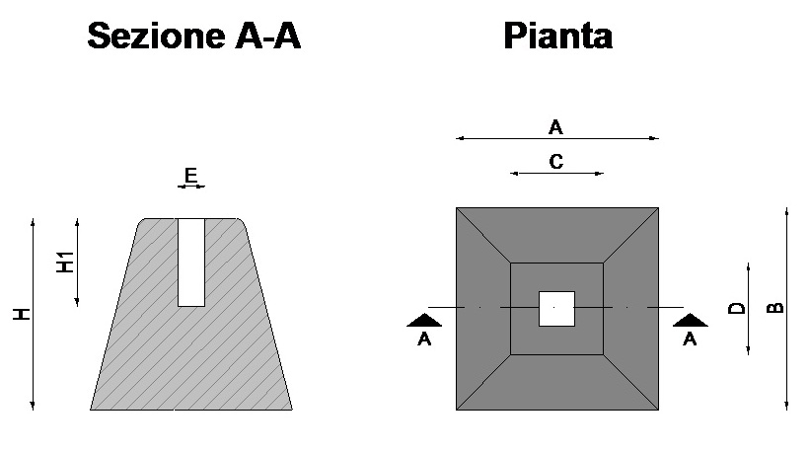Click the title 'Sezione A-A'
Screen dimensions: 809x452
[193, 36]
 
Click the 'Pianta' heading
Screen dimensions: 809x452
[557, 36]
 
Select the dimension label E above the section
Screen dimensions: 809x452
[190, 176]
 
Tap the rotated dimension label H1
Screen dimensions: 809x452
[65, 263]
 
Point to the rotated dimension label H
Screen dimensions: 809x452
[22, 314]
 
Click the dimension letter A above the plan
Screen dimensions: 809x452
[555, 127]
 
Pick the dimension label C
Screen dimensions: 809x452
[556, 162]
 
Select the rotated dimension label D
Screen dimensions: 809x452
[737, 308]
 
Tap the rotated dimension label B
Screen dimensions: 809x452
[774, 308]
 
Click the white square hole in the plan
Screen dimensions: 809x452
[556, 309]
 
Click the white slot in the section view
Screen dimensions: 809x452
[191, 263]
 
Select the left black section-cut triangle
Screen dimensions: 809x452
[424, 320]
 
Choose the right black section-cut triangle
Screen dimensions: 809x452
[691, 320]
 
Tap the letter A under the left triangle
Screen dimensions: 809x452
[424, 339]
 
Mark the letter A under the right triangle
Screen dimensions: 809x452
[690, 339]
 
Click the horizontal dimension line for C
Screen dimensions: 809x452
[556, 174]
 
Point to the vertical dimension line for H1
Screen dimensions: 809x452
[77, 263]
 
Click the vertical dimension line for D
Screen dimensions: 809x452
[748, 309]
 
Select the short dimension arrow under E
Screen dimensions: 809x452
[191, 187]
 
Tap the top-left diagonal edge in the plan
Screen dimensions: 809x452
[483, 235]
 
